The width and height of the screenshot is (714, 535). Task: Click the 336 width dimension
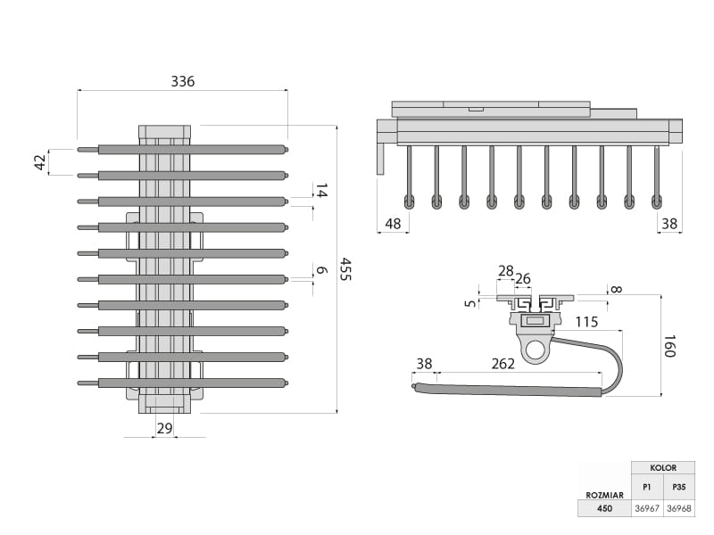(x=182, y=81)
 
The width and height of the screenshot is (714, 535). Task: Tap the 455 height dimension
(x=345, y=269)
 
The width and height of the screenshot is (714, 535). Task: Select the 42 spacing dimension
(x=39, y=162)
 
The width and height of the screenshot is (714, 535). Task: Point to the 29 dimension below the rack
(x=164, y=428)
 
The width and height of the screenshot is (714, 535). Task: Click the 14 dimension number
(x=321, y=190)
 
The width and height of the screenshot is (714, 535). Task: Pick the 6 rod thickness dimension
(x=321, y=270)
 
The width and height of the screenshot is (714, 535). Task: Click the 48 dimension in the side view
(x=394, y=224)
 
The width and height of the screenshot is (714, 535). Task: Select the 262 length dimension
(x=502, y=364)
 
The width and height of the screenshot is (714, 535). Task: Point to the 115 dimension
(x=586, y=322)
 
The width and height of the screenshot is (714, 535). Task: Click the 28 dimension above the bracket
(x=506, y=271)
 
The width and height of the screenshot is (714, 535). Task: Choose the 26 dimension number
(x=523, y=279)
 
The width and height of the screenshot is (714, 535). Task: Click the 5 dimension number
(x=470, y=303)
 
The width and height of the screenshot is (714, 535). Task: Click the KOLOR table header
(x=663, y=467)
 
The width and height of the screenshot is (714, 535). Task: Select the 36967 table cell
(x=647, y=508)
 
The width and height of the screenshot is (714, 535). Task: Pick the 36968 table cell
(x=679, y=508)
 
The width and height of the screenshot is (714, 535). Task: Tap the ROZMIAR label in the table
(x=604, y=493)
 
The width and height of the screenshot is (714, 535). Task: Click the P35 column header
(x=679, y=487)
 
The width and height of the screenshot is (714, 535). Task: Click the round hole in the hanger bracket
(x=535, y=350)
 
